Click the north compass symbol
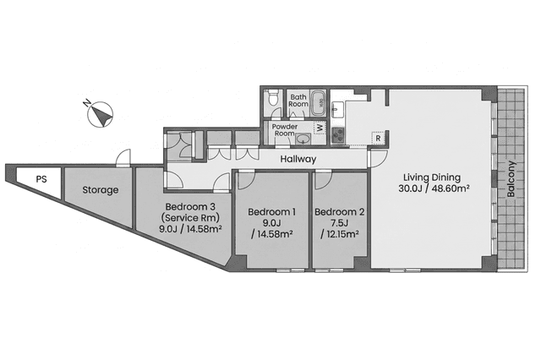click(100, 114)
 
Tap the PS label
click(41, 179)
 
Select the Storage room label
click(101, 190)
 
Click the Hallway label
click(298, 159)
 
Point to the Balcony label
click(511, 179)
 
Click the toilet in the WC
click(273, 97)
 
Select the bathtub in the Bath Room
click(318, 103)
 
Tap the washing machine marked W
click(320, 128)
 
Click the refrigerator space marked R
click(378, 139)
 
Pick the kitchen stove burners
click(338, 135)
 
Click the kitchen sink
click(336, 110)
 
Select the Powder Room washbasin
click(303, 139)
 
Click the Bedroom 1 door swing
click(246, 180)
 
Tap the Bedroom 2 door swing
click(323, 180)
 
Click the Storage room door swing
click(124, 158)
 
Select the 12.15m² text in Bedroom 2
click(340, 234)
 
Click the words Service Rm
click(190, 218)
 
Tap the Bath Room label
click(298, 101)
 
